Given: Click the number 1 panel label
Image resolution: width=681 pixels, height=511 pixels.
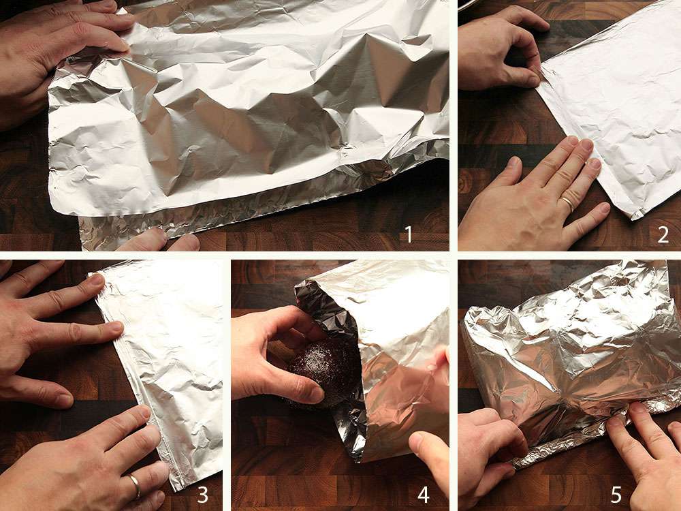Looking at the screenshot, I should [x=409, y=235].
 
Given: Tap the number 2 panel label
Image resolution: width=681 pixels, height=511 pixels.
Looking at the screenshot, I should [x=663, y=235].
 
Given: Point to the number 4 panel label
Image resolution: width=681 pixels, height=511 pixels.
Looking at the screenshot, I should [x=424, y=495].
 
